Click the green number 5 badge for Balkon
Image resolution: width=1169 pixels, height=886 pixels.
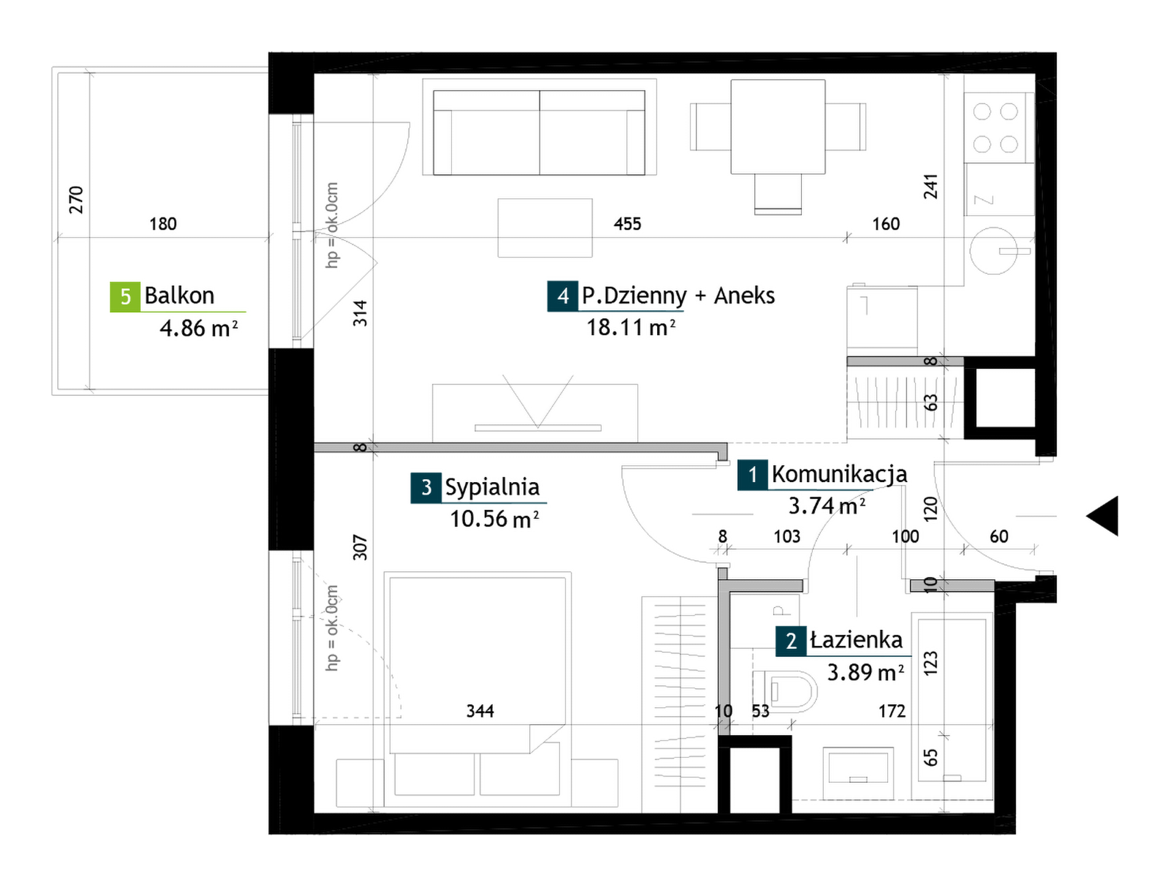click(125, 296)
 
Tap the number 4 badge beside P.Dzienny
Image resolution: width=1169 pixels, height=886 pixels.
click(562, 296)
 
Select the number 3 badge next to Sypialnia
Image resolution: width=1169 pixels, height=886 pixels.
click(426, 488)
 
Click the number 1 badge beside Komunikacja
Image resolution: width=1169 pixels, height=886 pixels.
click(752, 475)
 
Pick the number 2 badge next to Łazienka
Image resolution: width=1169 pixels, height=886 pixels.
click(791, 641)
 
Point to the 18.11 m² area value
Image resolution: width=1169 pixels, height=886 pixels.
click(631, 328)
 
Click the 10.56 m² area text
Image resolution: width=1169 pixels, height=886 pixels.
click(494, 519)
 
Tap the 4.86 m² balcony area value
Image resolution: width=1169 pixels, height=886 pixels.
click(198, 328)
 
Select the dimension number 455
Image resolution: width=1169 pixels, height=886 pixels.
click(628, 224)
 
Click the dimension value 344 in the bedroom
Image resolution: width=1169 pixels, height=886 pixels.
click(480, 711)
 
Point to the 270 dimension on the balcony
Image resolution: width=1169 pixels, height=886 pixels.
click(76, 199)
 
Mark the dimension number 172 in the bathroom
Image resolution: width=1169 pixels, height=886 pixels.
click(892, 711)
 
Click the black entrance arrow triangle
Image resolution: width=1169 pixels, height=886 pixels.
click(1103, 516)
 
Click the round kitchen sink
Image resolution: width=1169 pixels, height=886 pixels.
click(993, 251)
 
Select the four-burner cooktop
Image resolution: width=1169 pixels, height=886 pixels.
click(995, 128)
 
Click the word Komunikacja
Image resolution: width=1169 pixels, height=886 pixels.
click(839, 474)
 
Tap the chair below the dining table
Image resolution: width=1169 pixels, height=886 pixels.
click(778, 194)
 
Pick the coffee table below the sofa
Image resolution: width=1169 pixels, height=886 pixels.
click(545, 228)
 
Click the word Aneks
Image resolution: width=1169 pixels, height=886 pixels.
click(744, 296)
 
